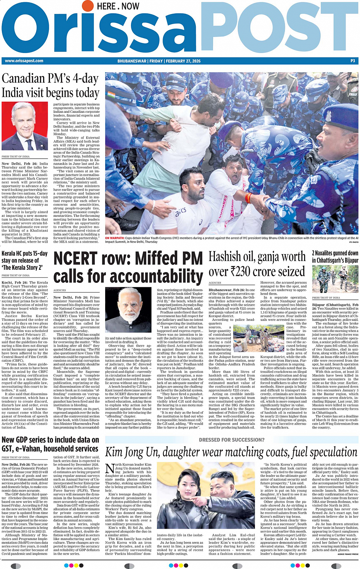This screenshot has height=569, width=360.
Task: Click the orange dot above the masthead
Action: pos(88,6)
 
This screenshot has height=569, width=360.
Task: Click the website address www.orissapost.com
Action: pos(24,61)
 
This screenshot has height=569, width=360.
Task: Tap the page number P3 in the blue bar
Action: pos(352,61)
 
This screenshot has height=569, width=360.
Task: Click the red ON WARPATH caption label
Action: pos(115,238)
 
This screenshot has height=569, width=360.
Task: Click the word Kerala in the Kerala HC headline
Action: pos(8,253)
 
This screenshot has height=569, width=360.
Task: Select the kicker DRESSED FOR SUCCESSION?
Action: pos(231,440)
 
